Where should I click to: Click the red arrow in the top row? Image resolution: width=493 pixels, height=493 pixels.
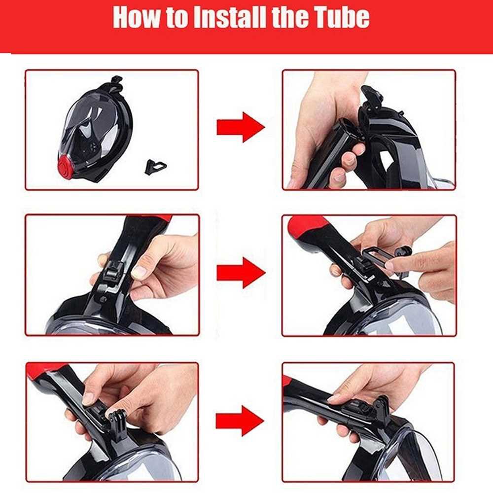(x=241, y=127)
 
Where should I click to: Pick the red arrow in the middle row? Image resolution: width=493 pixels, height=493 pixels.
(x=241, y=273)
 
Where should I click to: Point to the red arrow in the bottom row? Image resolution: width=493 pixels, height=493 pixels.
(x=240, y=421)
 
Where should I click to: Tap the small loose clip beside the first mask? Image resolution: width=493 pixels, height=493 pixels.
(x=155, y=166)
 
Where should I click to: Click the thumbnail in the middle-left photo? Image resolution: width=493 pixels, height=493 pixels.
(x=139, y=272)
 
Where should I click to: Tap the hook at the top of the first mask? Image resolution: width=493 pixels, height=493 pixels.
(x=116, y=82)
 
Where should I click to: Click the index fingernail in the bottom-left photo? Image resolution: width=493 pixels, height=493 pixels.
(x=89, y=399)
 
